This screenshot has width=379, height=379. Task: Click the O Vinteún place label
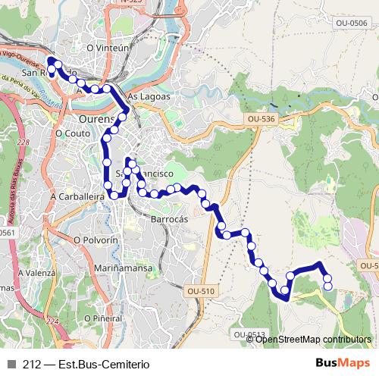[105, 47]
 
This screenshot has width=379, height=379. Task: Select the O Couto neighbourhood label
[73, 133]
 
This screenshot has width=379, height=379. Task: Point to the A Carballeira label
[76, 196]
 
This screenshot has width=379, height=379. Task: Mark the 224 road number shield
[52, 322]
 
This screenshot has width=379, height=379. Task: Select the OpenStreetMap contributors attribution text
[312, 339]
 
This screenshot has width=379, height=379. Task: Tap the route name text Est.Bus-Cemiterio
[98, 364]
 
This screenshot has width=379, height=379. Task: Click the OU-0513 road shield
[249, 334]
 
